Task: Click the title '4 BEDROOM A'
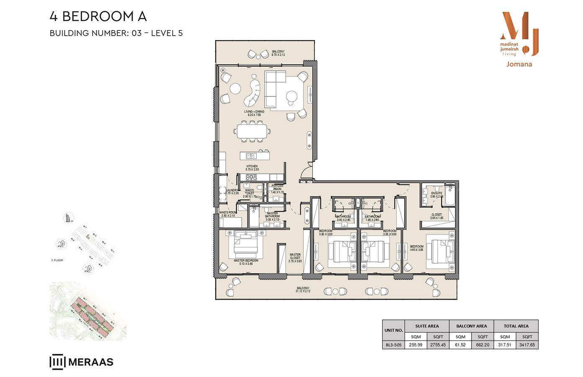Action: [98, 16]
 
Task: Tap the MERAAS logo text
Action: [90, 362]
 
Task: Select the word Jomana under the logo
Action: [519, 64]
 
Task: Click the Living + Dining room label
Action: [254, 113]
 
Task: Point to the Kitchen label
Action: [252, 168]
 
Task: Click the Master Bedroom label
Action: [246, 262]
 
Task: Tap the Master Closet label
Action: [295, 258]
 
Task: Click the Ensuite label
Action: [436, 195]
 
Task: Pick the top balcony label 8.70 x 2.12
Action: [278, 53]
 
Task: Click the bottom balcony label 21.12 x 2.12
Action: [303, 289]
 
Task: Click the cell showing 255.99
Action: [416, 345]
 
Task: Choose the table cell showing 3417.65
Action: [527, 345]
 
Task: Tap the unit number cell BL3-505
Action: [393, 345]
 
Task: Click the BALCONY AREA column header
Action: [471, 326]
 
